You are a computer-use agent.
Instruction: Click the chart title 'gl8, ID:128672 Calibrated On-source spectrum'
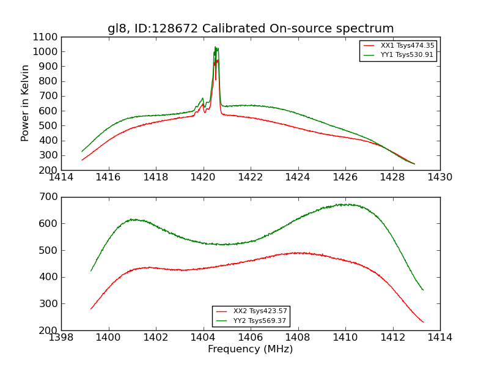(x=251, y=28)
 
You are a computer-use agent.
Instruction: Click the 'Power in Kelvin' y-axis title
(x=25, y=103)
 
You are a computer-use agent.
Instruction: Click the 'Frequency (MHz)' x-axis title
(x=250, y=349)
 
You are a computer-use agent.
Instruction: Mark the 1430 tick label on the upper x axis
(x=439, y=177)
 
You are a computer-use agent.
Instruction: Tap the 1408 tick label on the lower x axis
(x=298, y=338)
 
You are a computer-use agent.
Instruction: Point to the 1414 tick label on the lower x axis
(x=439, y=338)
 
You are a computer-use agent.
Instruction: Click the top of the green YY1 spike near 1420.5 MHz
(x=215, y=47)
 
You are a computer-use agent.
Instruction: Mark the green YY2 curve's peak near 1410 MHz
(x=345, y=204)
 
